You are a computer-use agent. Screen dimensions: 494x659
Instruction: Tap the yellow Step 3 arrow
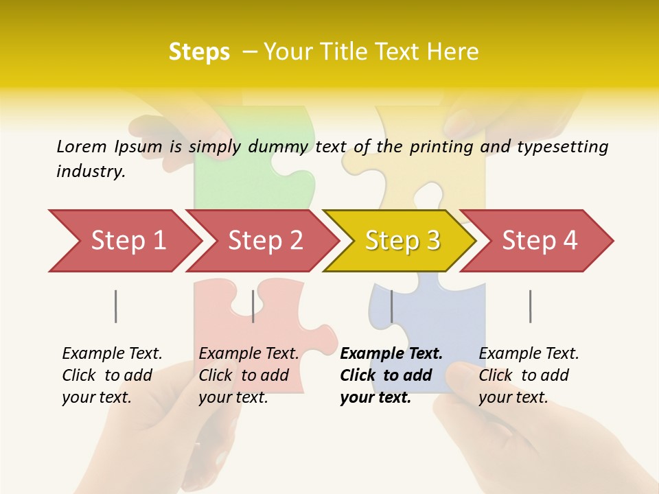point(402,241)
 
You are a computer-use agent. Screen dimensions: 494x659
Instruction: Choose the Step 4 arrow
point(540,241)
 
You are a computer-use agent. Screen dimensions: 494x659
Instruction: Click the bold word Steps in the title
point(199,52)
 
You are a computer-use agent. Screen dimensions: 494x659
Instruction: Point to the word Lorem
point(82,147)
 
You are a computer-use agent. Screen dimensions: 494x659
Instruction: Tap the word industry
point(90,172)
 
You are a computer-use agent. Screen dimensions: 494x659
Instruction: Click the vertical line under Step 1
point(116,306)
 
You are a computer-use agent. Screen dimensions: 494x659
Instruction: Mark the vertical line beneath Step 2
point(253,306)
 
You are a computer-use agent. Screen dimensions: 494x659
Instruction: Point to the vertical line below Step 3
point(392,306)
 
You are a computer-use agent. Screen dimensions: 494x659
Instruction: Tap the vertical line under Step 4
point(531,306)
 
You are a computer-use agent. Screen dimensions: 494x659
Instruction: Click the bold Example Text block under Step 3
point(391,375)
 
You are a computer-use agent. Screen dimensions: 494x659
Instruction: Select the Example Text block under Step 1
point(112,375)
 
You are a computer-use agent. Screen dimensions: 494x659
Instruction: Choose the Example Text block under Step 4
point(529,375)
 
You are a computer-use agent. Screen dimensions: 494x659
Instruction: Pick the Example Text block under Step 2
point(248,375)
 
